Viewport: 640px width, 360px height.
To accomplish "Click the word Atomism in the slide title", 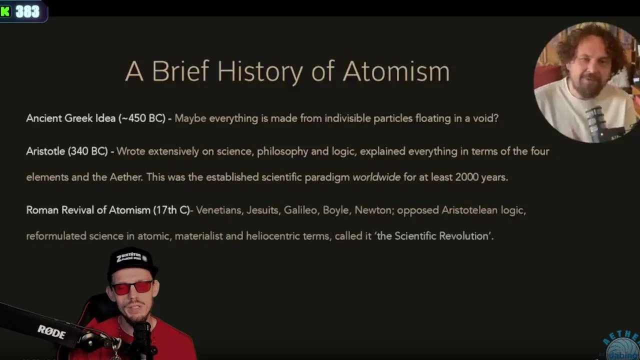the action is [x=396, y=71].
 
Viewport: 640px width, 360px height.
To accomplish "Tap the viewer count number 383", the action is [x=27, y=11].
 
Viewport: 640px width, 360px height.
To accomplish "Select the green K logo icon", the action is [x=5, y=11].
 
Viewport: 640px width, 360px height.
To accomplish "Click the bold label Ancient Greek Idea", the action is [x=71, y=118].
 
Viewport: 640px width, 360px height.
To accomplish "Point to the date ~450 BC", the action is [x=142, y=118].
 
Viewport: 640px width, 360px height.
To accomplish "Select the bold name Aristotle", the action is [x=45, y=151].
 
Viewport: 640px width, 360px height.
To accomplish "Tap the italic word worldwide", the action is [x=376, y=177].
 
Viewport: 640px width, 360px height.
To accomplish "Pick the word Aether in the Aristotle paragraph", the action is [x=126, y=177].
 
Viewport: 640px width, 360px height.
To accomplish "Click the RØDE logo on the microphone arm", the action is [x=51, y=332].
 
